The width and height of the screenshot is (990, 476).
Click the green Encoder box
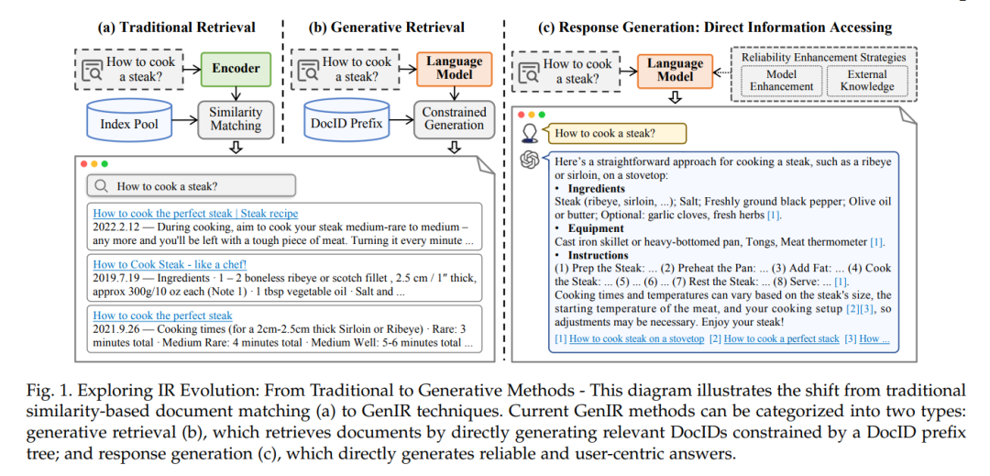coord(236,68)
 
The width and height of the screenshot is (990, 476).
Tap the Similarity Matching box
coord(236,119)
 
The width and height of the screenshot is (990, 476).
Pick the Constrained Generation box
coord(454,118)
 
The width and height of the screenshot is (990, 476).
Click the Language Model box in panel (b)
coord(454,69)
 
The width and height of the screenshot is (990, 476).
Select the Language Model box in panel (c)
coord(675,71)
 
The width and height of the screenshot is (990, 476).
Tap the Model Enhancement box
coord(776,82)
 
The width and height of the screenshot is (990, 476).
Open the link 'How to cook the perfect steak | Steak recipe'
coord(195,214)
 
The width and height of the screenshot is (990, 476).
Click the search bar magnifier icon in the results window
coord(101,186)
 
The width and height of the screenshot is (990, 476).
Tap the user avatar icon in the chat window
coord(531,133)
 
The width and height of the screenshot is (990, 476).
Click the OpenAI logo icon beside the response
coord(530,161)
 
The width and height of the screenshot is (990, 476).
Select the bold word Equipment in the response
coord(597,227)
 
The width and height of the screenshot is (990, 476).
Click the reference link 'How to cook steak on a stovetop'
coord(636,339)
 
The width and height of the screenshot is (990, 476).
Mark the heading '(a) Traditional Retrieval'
coord(176,27)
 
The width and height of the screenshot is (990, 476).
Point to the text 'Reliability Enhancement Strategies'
coord(823,58)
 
